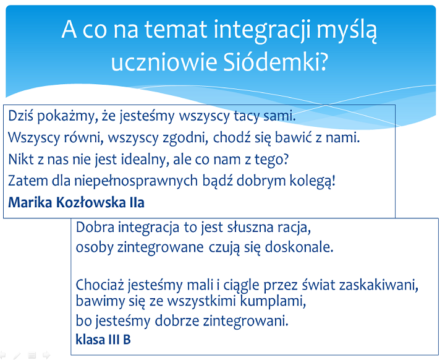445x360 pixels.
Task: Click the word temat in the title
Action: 176,30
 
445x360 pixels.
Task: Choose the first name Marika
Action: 30,202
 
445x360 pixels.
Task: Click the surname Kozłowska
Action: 91,202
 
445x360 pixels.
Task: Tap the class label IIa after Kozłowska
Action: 137,202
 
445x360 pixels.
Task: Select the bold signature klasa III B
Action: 103,339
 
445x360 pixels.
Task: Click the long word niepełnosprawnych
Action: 136,181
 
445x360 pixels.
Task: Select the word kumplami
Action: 273,301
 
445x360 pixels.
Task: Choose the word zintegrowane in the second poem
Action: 160,247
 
